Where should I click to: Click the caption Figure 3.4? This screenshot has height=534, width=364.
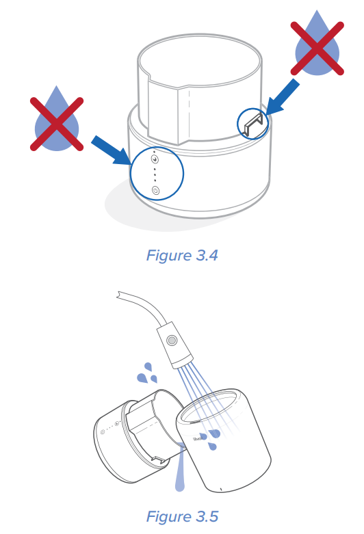[x=182, y=256]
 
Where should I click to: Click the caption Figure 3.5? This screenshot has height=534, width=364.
[x=182, y=516]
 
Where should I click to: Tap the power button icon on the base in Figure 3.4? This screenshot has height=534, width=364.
[x=156, y=190]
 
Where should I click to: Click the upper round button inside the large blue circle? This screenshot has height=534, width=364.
[x=155, y=159]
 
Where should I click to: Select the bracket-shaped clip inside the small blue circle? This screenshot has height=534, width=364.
[x=253, y=124]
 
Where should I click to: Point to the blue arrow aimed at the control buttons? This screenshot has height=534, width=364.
[x=110, y=150]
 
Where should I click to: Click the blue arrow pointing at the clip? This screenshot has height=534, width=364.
[x=282, y=96]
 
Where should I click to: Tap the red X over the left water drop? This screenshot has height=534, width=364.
[x=57, y=124]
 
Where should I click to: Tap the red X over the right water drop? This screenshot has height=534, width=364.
[x=317, y=49]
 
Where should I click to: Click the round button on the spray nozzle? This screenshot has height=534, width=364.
[x=172, y=340]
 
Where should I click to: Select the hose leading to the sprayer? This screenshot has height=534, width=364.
[x=143, y=305]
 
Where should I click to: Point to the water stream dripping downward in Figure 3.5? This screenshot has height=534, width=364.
[x=181, y=466]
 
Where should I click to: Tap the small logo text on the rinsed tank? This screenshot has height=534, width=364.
[x=197, y=438]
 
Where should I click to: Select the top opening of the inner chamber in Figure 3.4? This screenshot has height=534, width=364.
[x=200, y=60]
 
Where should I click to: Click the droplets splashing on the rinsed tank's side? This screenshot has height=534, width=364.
[x=211, y=440]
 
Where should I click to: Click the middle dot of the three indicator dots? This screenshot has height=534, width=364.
[x=155, y=175]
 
